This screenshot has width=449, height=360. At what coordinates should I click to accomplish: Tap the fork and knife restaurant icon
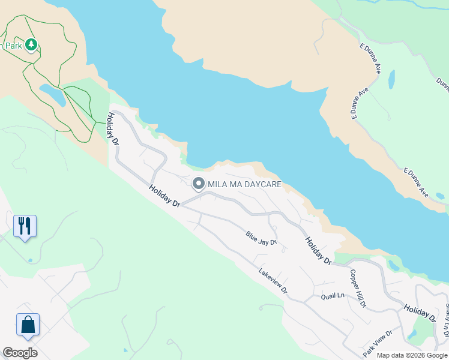[25, 226]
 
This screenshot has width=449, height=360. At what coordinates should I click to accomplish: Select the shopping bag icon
[28, 325]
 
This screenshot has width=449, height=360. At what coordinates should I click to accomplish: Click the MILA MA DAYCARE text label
[244, 184]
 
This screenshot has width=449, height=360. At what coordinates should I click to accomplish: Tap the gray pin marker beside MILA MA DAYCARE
[198, 184]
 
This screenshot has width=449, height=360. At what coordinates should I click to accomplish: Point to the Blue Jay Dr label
[261, 238]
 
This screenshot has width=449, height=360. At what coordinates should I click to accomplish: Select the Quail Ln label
[333, 296]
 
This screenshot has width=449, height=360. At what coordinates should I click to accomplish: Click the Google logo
[20, 353]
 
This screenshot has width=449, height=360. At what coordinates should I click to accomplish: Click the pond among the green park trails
[53, 95]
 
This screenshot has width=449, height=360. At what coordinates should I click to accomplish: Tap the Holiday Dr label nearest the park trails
[112, 125]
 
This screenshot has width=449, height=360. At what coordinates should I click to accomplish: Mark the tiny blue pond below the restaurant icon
[30, 260]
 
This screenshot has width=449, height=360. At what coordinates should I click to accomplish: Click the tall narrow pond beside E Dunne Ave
[392, 79]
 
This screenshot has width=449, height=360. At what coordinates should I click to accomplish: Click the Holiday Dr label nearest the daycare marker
[165, 196]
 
